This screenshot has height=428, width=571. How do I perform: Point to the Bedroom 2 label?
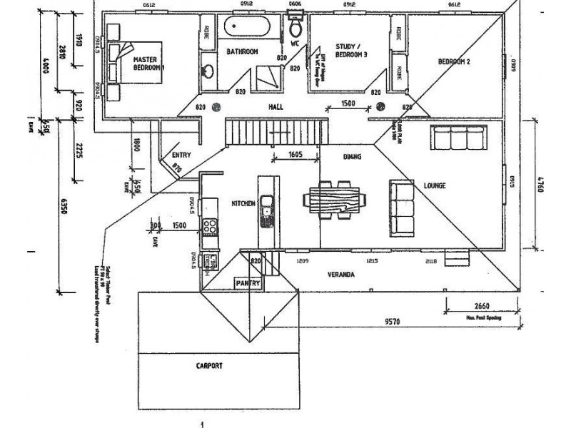[454, 62]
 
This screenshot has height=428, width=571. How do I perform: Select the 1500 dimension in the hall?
[349, 103]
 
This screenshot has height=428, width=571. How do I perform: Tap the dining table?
[335, 199]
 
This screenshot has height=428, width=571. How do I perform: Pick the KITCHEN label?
[243, 204]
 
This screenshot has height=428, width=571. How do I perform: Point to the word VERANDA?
[341, 274]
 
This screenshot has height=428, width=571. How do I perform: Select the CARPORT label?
[209, 365]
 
